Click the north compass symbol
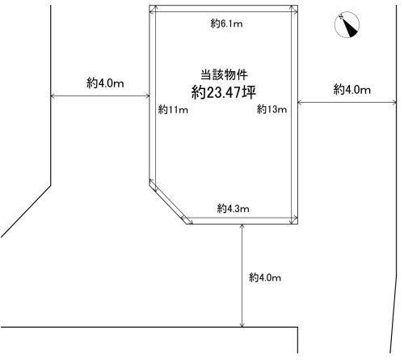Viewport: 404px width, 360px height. tap(347, 24)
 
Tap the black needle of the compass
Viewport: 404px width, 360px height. tap(350, 28)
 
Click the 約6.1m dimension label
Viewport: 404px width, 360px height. tap(226, 24)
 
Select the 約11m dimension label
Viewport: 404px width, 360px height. tap(173, 109)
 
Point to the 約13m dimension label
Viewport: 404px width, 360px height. tap(271, 109)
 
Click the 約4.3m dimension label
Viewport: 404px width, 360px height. tap(233, 209)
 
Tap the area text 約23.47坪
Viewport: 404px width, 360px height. tap(224, 92)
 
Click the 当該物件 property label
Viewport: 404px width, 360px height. tap(224, 74)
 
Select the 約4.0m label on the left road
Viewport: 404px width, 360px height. tap(105, 83)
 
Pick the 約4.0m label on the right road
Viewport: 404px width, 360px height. tap(352, 89)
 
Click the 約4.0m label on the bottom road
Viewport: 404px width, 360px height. tap(265, 277)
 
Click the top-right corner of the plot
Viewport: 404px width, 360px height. tap(297, 5)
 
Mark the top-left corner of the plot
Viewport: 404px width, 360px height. tap(149, 5)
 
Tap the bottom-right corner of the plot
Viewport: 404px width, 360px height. tap(297, 224)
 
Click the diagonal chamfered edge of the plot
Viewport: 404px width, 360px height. tap(168, 205)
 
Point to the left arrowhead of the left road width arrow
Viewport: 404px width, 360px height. tap(53, 95)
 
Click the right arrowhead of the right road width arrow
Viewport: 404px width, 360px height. tap(394, 102)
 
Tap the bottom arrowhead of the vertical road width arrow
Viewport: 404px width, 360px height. tap(242, 325)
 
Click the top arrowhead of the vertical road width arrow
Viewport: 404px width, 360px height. tap(242, 227)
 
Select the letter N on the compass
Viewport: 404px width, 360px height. tap(341, 17)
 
